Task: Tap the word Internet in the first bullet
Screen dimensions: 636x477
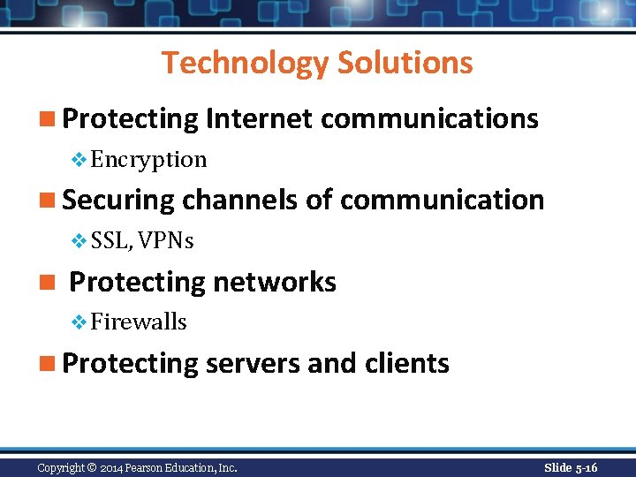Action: pyautogui.click(x=259, y=118)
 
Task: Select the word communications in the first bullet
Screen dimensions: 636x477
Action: pyautogui.click(x=429, y=118)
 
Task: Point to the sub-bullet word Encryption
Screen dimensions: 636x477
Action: pyautogui.click(x=148, y=160)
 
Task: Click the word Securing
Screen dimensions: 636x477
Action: pyautogui.click(x=119, y=200)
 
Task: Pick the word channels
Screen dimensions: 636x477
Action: pyautogui.click(x=240, y=200)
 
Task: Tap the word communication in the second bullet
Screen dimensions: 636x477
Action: pyautogui.click(x=442, y=200)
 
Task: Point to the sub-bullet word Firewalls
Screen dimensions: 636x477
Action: pyautogui.click(x=139, y=322)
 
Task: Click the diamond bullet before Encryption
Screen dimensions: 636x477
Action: pyautogui.click(x=79, y=160)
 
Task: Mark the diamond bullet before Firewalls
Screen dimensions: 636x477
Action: pyautogui.click(x=79, y=322)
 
